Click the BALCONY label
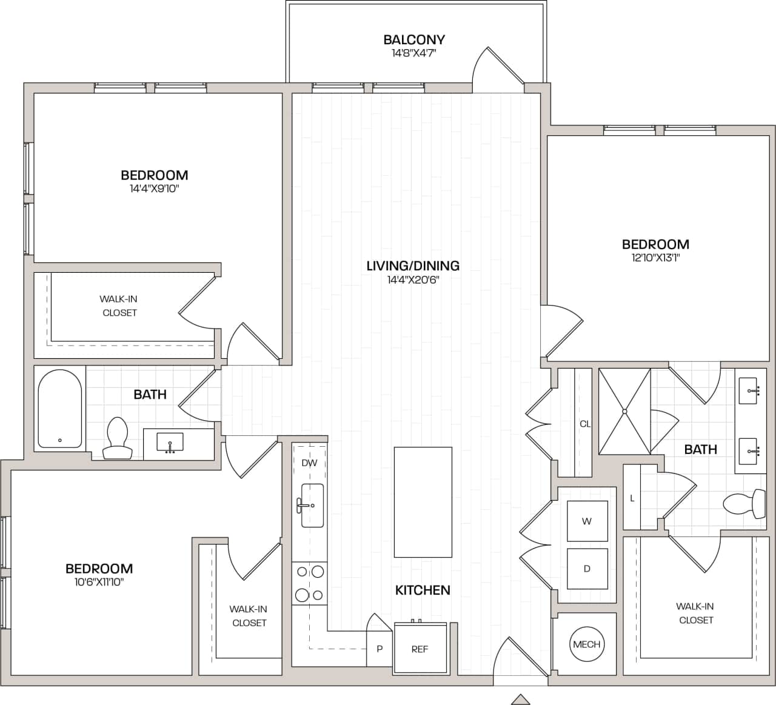pyautogui.click(x=414, y=40)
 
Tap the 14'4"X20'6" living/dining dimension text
pyautogui.click(x=413, y=279)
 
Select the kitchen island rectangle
pyautogui.click(x=423, y=502)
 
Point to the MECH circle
pyautogui.click(x=586, y=644)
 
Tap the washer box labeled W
pyautogui.click(x=587, y=521)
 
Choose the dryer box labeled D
pyautogui.click(x=587, y=569)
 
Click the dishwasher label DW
pyautogui.click(x=309, y=463)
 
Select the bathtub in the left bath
pyautogui.click(x=60, y=409)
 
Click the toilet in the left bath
pyautogui.click(x=117, y=438)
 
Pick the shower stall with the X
pyautogui.click(x=624, y=411)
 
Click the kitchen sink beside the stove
pyautogui.click(x=312, y=505)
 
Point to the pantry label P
pyautogui.click(x=380, y=649)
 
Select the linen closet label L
pyautogui.click(x=632, y=498)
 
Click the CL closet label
pyautogui.click(x=584, y=424)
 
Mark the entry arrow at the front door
pyautogui.click(x=520, y=699)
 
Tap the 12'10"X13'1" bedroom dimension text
pyautogui.click(x=655, y=257)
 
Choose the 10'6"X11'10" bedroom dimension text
pyautogui.click(x=99, y=582)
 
